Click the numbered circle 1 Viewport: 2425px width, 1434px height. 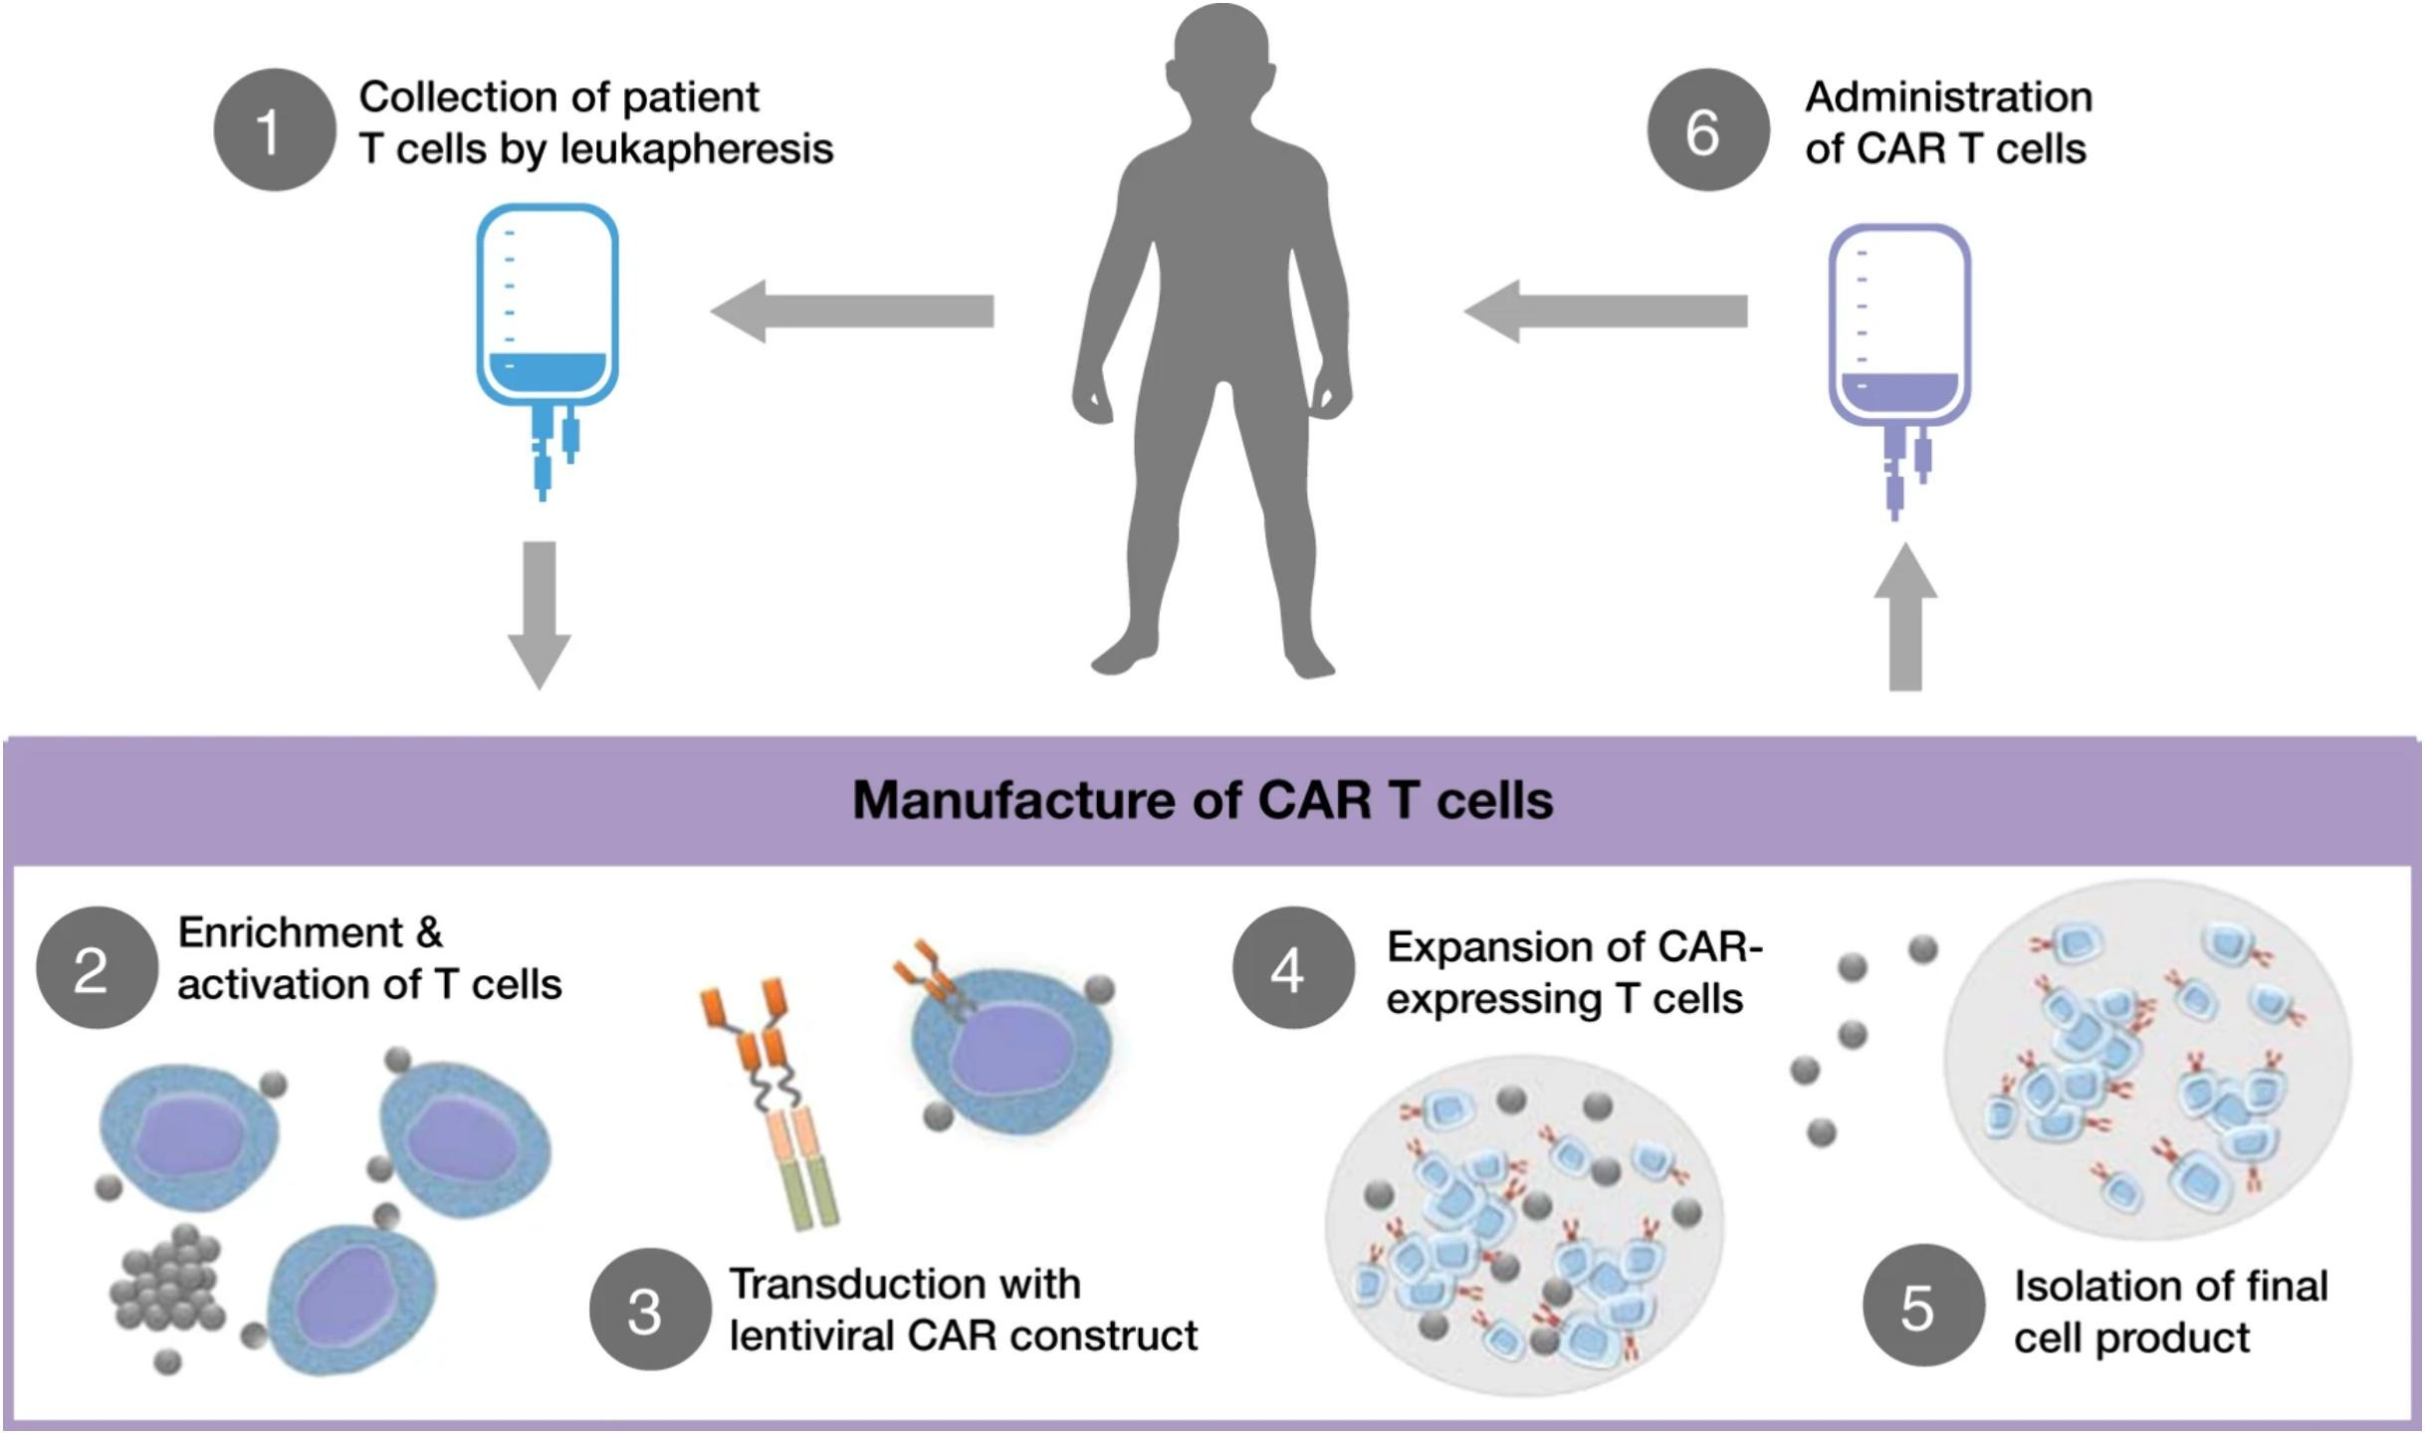point(274,129)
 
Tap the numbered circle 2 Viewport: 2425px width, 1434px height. point(97,967)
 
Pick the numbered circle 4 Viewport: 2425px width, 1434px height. point(1292,967)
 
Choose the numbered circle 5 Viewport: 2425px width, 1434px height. point(1923,1305)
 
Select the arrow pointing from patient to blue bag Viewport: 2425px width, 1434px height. point(852,310)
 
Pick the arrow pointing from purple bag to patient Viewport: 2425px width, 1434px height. point(1605,310)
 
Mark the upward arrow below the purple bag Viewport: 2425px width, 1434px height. point(1905,617)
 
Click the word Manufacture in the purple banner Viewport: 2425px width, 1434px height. point(1012,799)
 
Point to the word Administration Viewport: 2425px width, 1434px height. point(1948,98)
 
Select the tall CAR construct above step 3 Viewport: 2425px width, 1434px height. point(772,1105)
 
